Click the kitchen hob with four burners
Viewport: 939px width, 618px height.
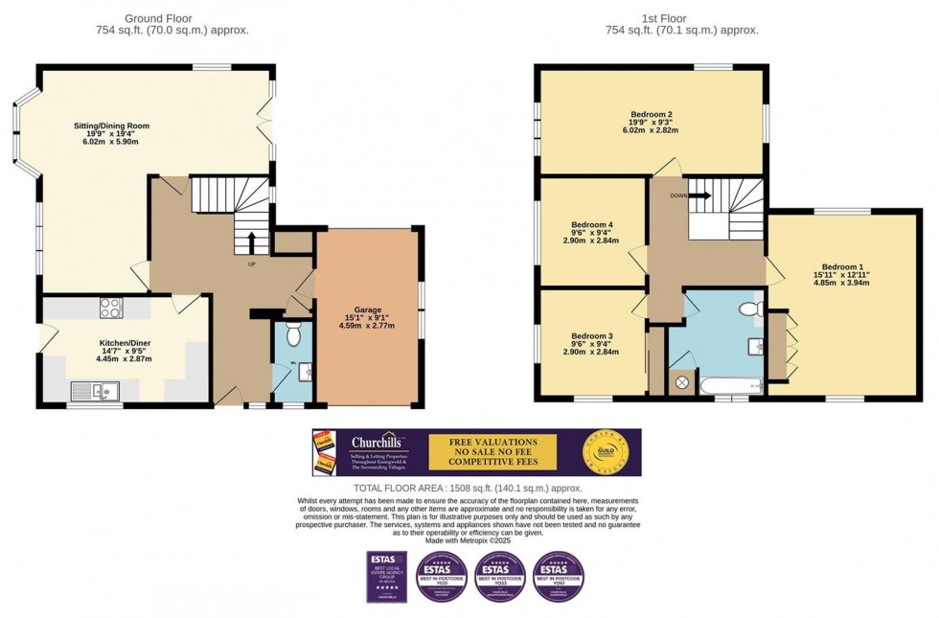pos(109,308)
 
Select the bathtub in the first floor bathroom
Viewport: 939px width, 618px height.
pos(731,385)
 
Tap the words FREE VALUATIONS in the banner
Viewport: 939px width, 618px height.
pos(491,442)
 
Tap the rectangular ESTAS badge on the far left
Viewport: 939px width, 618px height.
pos(381,576)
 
